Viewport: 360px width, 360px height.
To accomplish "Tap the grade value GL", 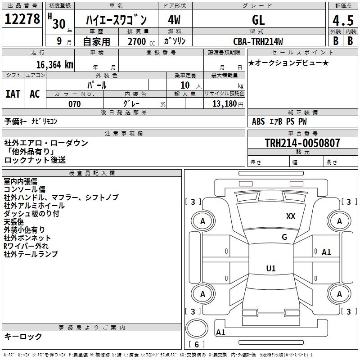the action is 258,20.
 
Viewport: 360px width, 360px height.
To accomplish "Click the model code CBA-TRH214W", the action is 258,41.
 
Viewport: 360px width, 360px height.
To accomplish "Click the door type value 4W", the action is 174,20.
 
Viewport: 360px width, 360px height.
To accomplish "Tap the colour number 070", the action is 74,104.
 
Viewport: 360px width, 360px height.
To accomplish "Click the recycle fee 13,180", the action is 224,104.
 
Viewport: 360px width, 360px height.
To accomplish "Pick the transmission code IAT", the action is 13,94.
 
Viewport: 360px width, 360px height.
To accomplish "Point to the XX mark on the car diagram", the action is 291,216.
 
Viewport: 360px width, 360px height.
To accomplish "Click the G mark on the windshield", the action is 284,237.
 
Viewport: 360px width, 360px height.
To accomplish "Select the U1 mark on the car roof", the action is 270,269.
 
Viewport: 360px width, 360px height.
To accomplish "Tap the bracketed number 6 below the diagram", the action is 196,344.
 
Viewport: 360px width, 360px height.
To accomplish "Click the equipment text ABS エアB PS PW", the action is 279,121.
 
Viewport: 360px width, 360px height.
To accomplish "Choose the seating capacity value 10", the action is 185,85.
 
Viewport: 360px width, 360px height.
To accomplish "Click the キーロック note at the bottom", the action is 23,336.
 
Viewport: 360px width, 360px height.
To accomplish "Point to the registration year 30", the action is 58,23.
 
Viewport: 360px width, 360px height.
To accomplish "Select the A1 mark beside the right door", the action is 326,252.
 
